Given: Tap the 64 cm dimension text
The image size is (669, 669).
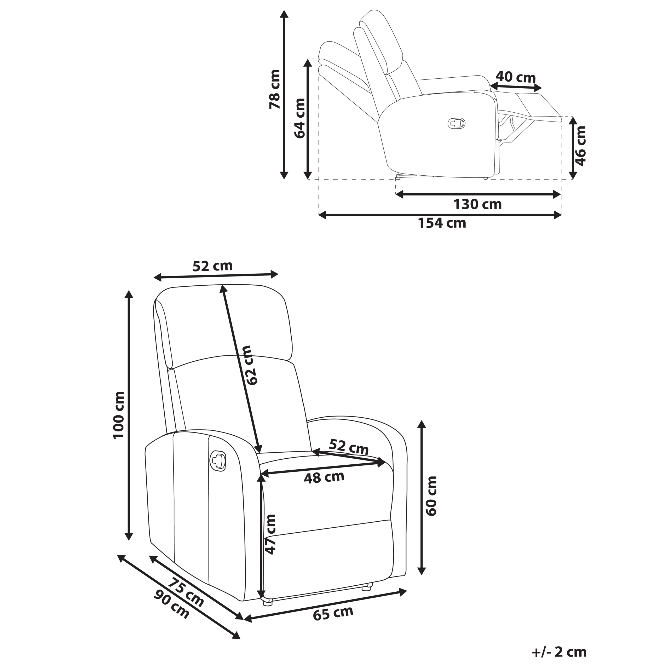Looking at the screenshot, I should pyautogui.click(x=300, y=118).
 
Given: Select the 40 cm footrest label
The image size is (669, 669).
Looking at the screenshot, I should pyautogui.click(x=515, y=77).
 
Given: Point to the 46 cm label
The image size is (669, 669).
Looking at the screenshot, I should pyautogui.click(x=581, y=146).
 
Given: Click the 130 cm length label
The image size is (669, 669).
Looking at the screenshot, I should pyautogui.click(x=477, y=204).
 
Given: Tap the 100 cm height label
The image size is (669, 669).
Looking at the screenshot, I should pyautogui.click(x=119, y=414).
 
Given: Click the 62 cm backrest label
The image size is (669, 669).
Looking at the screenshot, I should pyautogui.click(x=250, y=365).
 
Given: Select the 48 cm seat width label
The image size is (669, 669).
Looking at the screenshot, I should pyautogui.click(x=324, y=477).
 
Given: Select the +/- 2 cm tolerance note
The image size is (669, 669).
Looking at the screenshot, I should pyautogui.click(x=559, y=652).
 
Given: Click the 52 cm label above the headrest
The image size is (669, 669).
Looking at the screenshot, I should pyautogui.click(x=212, y=266).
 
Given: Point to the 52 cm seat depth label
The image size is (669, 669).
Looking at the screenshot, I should pyautogui.click(x=348, y=447).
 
